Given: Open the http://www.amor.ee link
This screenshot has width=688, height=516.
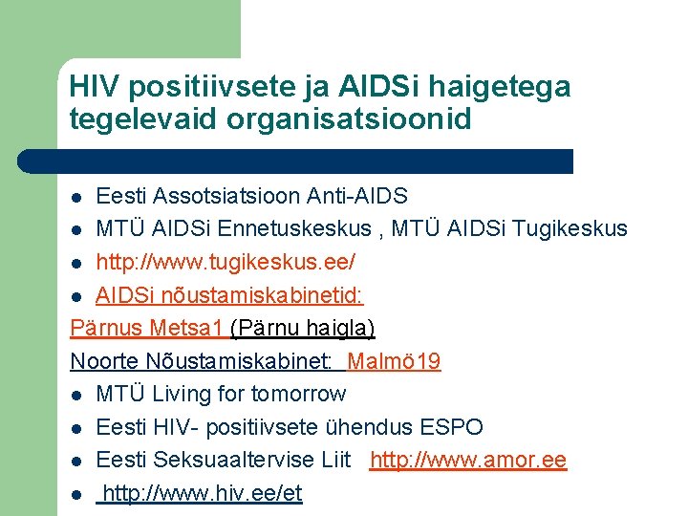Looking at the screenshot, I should [468, 460].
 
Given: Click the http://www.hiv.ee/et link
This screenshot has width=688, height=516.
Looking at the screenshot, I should [203, 493].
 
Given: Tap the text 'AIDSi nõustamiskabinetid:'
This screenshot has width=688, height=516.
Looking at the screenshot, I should [230, 295].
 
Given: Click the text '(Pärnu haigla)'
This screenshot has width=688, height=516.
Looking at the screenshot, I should [303, 328].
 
